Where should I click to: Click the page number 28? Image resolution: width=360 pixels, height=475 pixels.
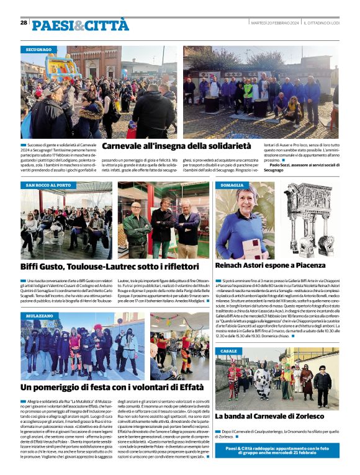tap(24, 22)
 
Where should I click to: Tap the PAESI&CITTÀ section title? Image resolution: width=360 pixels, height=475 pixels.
tap(81, 25)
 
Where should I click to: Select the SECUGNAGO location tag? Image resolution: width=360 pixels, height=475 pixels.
tap(38, 49)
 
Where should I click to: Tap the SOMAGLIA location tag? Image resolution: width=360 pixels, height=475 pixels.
tap(232, 185)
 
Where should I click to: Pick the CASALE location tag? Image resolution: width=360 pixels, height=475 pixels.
tap(228, 351)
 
